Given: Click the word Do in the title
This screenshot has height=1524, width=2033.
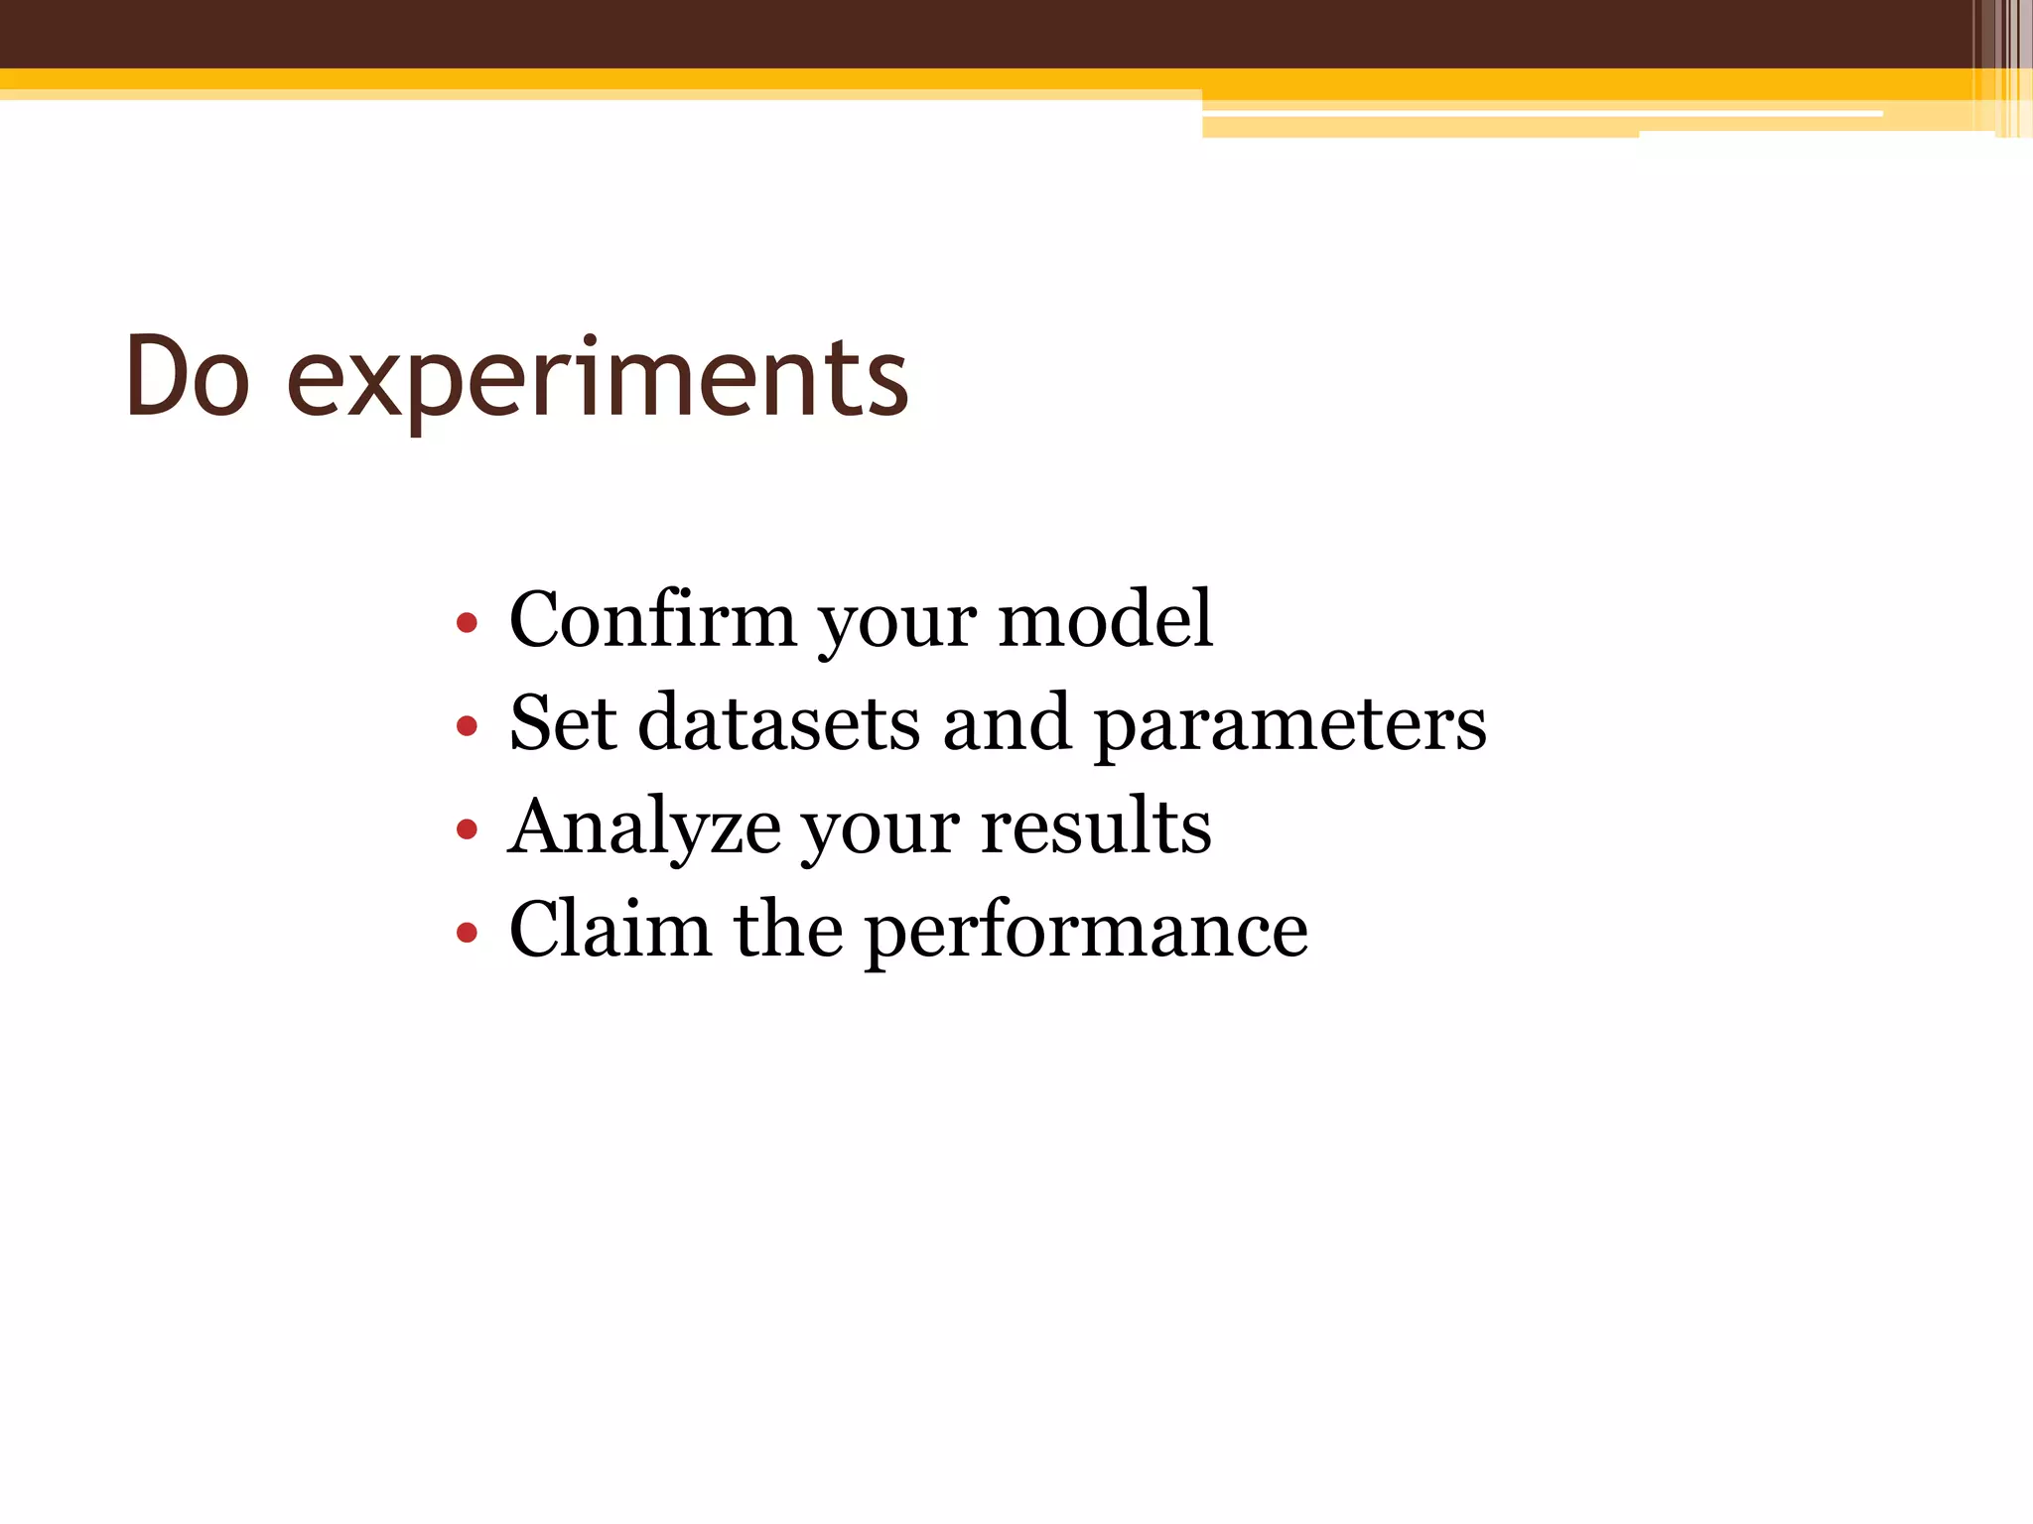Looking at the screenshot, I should coord(187,377).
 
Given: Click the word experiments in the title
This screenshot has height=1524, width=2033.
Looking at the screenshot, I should coord(597,382).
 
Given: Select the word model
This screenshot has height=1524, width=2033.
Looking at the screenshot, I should coord(1105,620).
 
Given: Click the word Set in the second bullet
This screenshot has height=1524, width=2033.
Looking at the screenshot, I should coord(562,723).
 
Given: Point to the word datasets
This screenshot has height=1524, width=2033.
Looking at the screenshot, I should coord(778,723).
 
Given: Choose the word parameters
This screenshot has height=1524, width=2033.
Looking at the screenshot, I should coord(1289,727).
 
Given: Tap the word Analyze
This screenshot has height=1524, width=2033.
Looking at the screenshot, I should coord(644,828).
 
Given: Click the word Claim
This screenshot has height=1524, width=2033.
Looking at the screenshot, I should coord(610,930).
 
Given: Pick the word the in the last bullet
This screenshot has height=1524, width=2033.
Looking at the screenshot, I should coord(788,930).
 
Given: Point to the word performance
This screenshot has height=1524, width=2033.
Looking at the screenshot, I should coord(1086,934).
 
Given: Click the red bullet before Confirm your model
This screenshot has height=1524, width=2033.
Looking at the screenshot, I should coord(467,624).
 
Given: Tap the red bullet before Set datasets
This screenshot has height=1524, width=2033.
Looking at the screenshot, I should coord(467,727).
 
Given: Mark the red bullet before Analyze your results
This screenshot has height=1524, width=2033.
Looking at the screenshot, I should coord(467,829).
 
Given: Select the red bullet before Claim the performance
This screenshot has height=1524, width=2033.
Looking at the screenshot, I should coord(467,933).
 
